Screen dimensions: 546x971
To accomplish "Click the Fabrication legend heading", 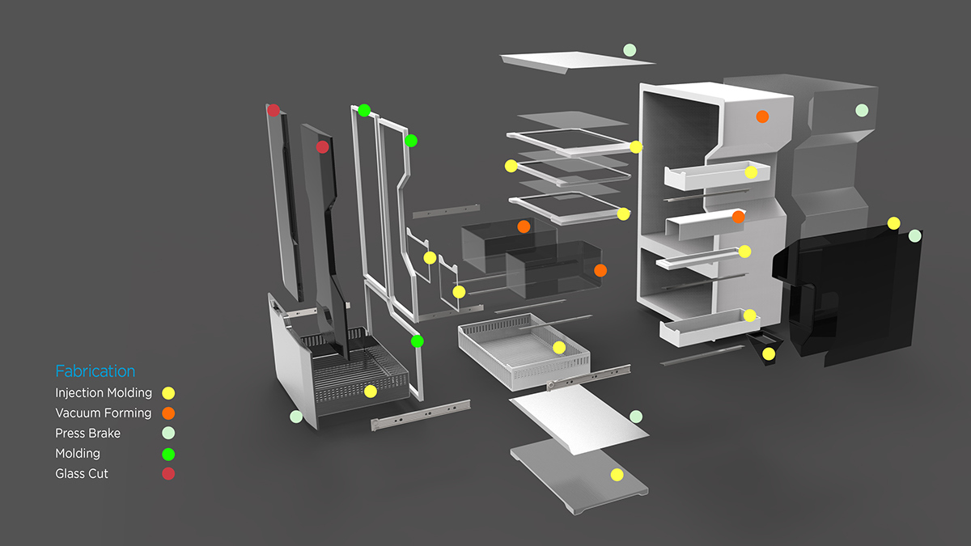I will [95, 371].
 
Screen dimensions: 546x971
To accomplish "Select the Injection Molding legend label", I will [104, 393].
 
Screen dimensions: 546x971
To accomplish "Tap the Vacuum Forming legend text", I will [104, 413].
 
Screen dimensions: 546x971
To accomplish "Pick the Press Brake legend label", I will [87, 434].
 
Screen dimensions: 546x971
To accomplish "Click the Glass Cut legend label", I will [82, 474].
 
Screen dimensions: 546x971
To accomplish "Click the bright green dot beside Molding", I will [168, 454].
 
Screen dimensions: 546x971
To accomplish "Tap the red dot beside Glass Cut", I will [168, 474].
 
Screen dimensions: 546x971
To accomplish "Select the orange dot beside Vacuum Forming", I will [168, 413].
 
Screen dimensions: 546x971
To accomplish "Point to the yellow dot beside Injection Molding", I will [168, 393].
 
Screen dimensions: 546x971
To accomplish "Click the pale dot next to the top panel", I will [630, 50].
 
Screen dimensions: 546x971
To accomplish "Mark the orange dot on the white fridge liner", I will [761, 116].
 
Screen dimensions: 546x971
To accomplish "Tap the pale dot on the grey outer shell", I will [862, 110].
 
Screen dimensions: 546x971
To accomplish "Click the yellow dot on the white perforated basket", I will [558, 348].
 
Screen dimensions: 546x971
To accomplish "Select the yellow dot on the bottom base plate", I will [617, 475].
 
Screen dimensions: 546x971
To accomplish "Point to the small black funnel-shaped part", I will [761, 346].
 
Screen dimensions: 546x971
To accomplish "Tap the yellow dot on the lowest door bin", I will [750, 315].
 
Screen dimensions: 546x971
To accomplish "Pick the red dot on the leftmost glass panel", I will [273, 110].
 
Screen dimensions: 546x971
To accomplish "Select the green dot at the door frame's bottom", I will [417, 341].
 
